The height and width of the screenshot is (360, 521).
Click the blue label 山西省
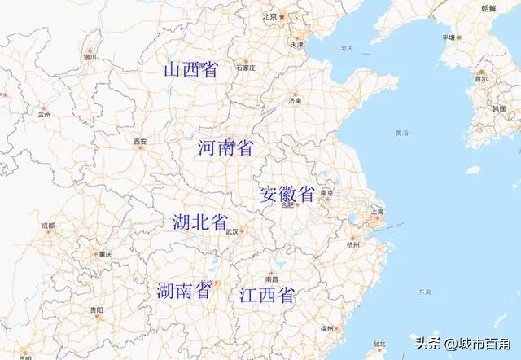pos(191,71)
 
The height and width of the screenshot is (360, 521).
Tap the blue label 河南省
pos(225,147)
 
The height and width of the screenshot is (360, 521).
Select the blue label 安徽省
pos(287,195)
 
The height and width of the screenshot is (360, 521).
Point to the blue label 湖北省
pos(199,223)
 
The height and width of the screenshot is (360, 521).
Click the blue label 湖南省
pos(184,291)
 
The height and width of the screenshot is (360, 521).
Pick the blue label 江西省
pos(267,296)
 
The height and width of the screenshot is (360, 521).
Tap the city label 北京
pos(270,16)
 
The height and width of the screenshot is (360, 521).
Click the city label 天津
pos(297,44)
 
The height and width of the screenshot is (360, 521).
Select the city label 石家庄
pos(246,68)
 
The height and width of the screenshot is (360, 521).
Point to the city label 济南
pos(294,101)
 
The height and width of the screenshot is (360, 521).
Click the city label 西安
pos(140,142)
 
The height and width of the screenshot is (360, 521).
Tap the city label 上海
pos(377,212)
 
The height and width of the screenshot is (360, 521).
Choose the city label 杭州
pos(352,244)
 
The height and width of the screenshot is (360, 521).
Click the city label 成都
pos(48,226)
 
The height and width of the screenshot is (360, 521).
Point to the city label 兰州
pos(44,116)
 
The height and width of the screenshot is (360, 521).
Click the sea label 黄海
pos(401,133)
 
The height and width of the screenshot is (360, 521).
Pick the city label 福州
pos(326,328)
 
